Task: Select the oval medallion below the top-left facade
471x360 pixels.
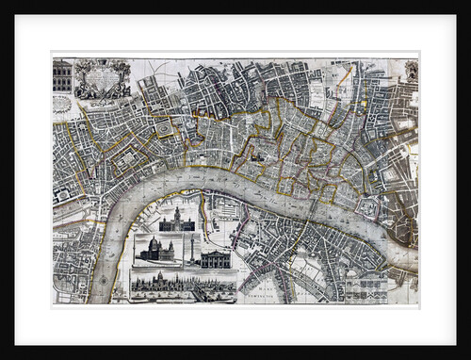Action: click(x=62, y=103)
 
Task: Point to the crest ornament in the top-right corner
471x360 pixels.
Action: click(x=411, y=71)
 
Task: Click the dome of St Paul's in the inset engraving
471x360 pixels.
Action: click(x=154, y=246)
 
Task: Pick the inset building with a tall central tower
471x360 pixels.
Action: click(x=176, y=222)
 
